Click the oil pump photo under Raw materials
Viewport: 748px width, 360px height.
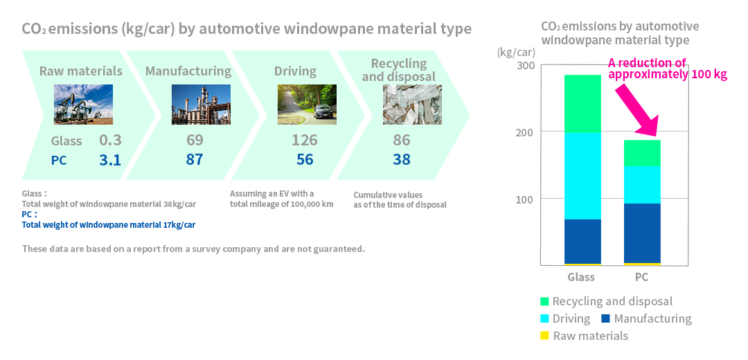[x=84, y=105]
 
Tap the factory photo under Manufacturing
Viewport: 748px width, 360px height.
[x=201, y=105]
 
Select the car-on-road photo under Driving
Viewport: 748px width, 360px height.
[x=308, y=105]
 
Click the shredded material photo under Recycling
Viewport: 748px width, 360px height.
[x=412, y=105]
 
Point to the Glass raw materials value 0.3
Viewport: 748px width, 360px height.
[x=110, y=140]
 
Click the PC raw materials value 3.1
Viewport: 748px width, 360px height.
[x=110, y=160]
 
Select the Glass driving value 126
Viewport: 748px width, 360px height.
[x=304, y=140]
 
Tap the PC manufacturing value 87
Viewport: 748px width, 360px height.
[x=194, y=160]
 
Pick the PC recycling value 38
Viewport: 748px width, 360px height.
[x=402, y=160]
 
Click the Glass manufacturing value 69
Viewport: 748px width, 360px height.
[x=195, y=140]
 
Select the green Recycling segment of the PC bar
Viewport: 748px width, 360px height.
[x=642, y=153]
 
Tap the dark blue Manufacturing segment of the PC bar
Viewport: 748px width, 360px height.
[x=642, y=233]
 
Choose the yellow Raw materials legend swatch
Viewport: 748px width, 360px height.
[x=545, y=336]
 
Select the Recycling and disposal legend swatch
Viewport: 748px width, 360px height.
[x=545, y=301]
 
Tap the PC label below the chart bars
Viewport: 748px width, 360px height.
[x=642, y=277]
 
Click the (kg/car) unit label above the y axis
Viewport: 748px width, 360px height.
[x=516, y=52]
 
